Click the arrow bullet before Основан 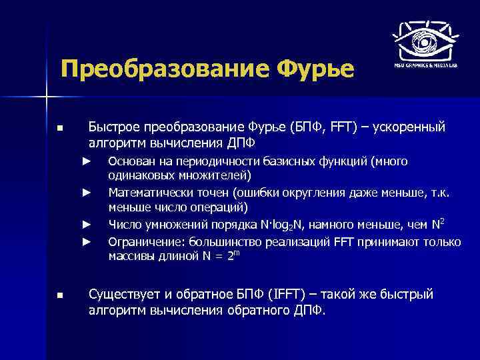pyautogui.click(x=86, y=161)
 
